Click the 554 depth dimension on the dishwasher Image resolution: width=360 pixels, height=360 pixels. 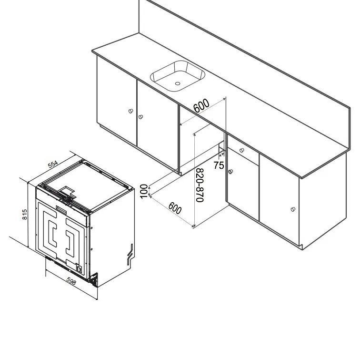click(53, 165)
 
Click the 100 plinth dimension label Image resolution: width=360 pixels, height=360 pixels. click(144, 191)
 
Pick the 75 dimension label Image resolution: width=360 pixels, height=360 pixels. click(219, 165)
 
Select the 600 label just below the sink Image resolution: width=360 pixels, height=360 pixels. click(201, 106)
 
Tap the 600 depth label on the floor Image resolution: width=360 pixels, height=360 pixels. click(175, 208)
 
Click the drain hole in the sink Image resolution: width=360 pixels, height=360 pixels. click(178, 83)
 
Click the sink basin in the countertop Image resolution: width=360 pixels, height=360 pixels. click(178, 75)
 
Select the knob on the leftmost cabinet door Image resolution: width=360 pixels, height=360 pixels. click(130, 112)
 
